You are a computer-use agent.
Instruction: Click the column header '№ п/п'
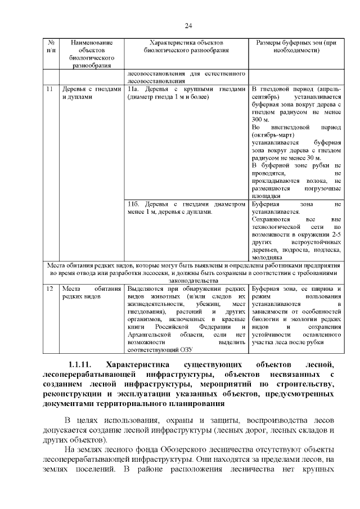pyautogui.click(x=51, y=46)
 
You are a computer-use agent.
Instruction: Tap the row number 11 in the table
pyautogui.click(x=49, y=89)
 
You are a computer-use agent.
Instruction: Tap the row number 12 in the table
pyautogui.click(x=49, y=288)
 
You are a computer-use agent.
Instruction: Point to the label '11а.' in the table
pyautogui.click(x=133, y=89)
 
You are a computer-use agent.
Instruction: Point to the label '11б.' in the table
pyautogui.click(x=134, y=204)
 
